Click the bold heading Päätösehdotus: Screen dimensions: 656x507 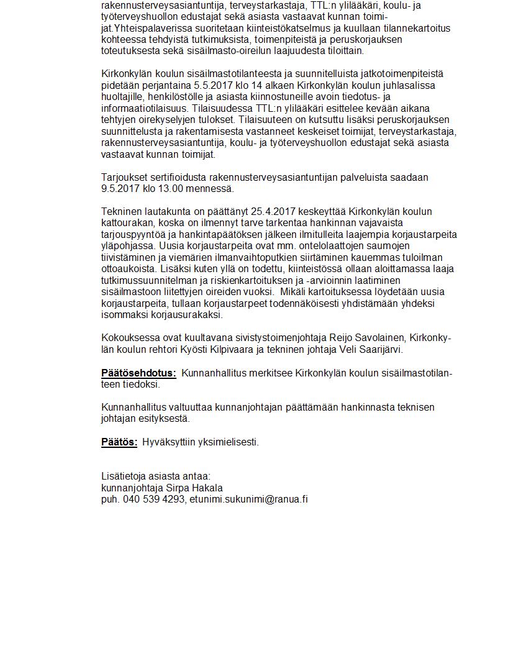tap(139, 373)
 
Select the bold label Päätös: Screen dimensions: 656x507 tap(119, 442)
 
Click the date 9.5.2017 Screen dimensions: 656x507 tap(121, 189)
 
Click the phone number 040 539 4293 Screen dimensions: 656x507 tap(153, 499)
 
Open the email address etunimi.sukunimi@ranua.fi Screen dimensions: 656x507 tap(249, 499)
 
